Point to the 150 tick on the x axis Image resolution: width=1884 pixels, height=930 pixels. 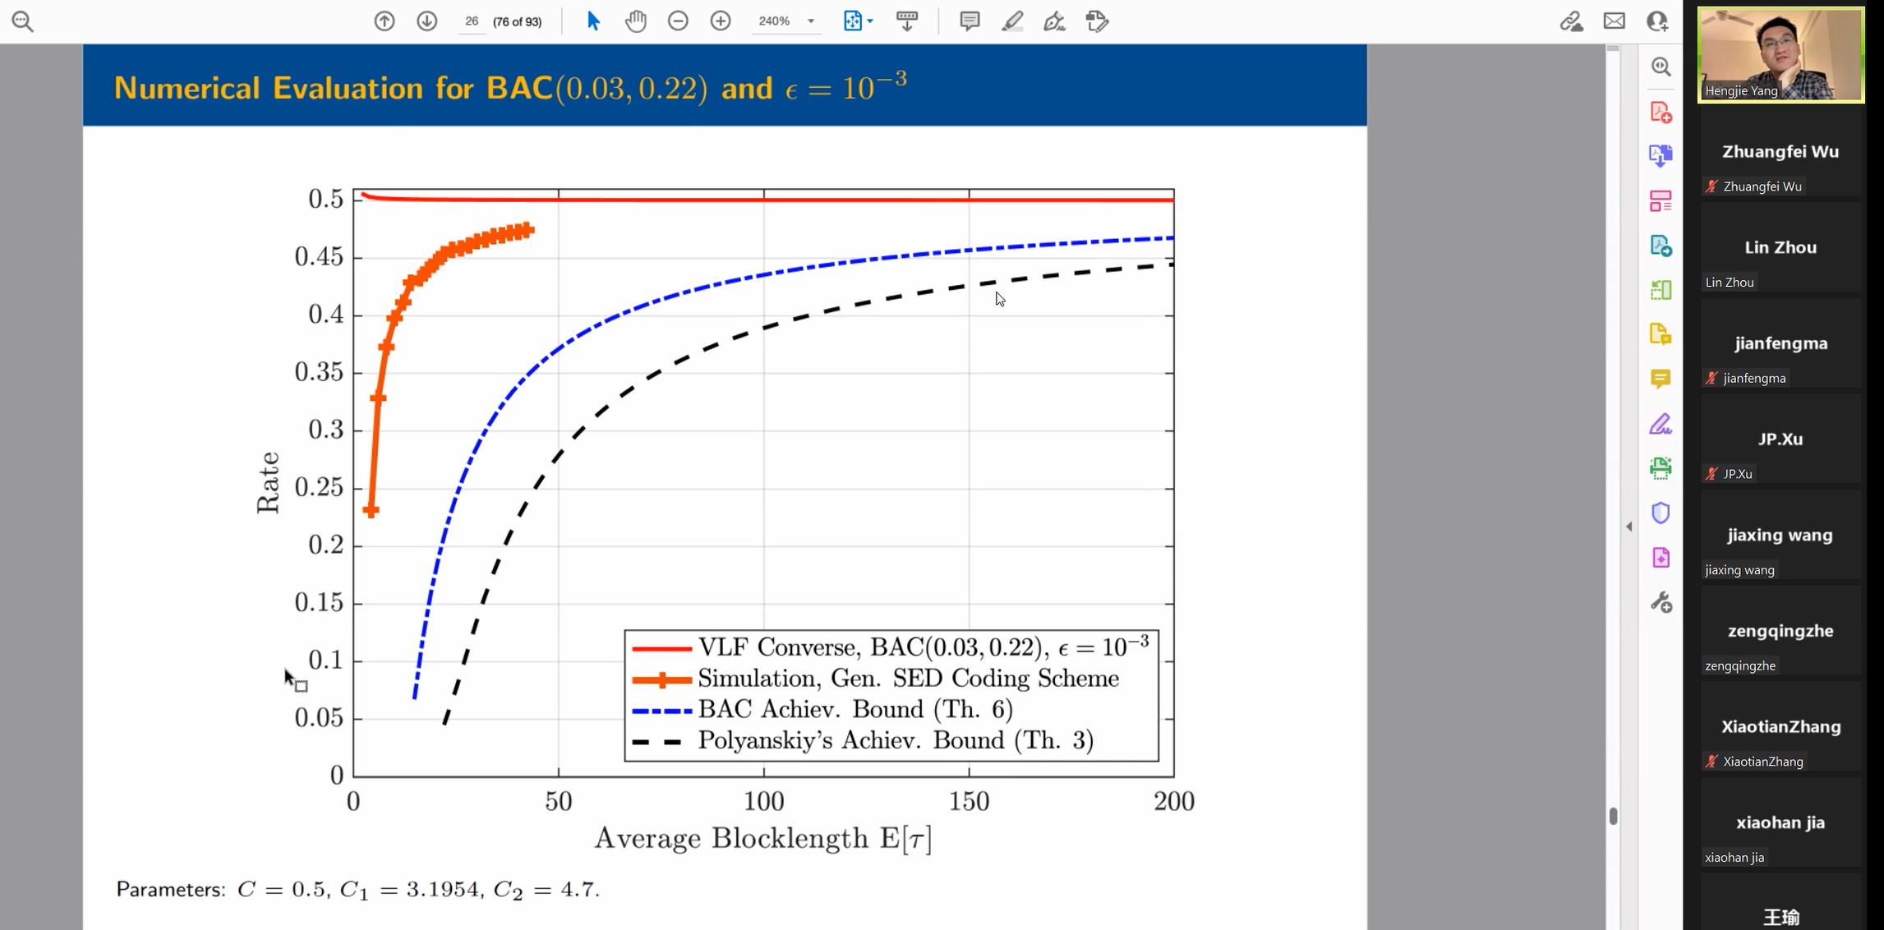969,802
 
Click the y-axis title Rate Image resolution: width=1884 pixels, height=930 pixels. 269,482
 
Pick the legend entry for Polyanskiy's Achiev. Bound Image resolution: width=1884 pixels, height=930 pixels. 895,741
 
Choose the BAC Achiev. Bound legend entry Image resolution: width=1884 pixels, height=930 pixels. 854,710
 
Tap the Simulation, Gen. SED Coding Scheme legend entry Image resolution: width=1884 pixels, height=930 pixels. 908,679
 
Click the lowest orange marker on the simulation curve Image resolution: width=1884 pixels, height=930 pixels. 371,511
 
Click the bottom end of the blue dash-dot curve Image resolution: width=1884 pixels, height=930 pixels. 415,697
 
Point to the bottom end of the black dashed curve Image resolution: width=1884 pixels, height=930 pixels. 445,723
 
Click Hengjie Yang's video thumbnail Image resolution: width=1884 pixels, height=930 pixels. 1780,54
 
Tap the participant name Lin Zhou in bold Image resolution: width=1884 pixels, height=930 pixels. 1780,247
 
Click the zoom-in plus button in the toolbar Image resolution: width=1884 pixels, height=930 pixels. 720,21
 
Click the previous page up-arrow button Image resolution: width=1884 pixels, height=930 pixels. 385,21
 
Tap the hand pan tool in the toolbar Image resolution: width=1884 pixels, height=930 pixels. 635,21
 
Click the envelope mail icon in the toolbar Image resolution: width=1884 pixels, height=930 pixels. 1614,21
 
